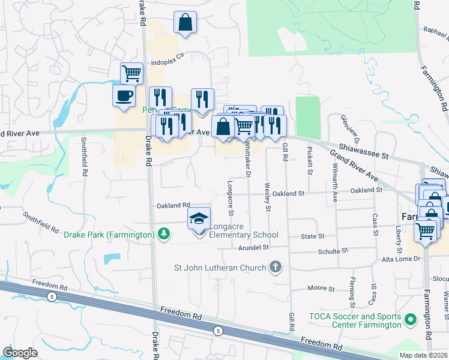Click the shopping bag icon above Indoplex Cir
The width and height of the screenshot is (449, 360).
(185, 23)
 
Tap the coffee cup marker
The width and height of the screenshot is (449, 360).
(124, 96)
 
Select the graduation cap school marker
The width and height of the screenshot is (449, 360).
(199, 219)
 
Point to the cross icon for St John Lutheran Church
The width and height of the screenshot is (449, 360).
(276, 266)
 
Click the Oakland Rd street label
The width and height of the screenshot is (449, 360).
(173, 205)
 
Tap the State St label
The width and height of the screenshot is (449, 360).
(313, 236)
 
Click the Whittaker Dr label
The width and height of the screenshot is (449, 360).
(247, 162)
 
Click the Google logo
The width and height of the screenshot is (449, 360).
(20, 352)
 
